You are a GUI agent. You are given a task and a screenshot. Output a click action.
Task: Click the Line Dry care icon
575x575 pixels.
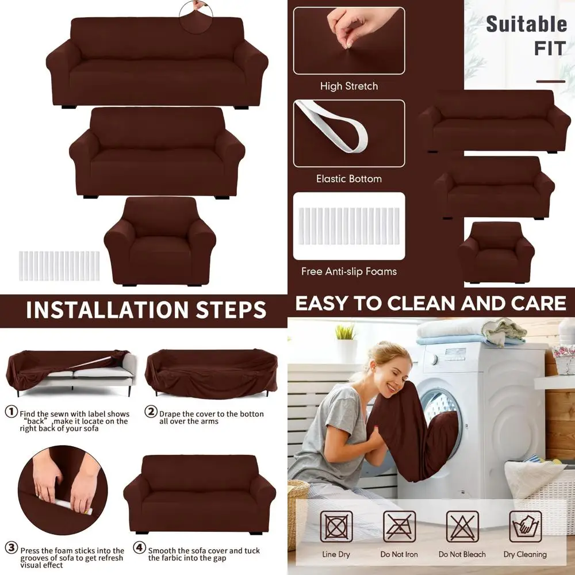pos(336,527)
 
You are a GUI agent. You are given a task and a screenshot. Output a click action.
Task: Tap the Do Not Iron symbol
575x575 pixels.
pos(399,527)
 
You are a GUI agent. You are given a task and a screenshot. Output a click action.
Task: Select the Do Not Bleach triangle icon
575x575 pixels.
pos(462,527)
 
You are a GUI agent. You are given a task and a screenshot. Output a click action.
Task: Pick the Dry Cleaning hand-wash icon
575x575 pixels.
pos(525,527)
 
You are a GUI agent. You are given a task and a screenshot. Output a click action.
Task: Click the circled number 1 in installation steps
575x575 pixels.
pos(11,412)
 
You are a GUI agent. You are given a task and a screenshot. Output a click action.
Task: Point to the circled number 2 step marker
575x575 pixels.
pos(151,412)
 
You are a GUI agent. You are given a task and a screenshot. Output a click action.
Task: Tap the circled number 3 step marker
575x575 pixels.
pos(11,548)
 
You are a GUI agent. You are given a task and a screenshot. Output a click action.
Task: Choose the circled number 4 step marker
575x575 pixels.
pos(140,548)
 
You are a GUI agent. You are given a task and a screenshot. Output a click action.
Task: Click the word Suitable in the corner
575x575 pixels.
pos(526,25)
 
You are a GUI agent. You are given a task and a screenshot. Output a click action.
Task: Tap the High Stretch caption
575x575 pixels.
pos(349,86)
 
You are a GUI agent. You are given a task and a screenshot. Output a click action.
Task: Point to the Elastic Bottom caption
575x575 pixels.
pos(349,179)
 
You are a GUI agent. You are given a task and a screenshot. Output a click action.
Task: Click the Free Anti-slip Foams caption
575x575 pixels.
pos(349,271)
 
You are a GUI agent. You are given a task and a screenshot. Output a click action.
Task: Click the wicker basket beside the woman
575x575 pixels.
pos(298,506)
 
